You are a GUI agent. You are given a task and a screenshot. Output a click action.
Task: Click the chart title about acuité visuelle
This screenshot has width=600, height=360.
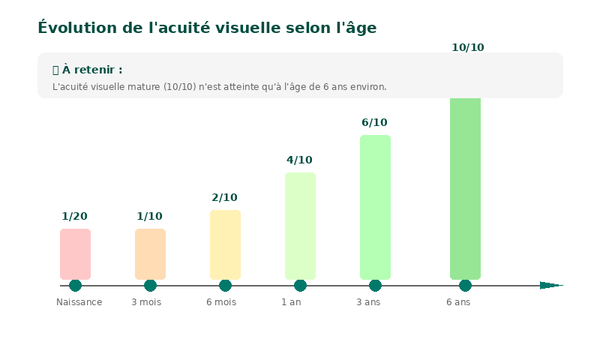207,28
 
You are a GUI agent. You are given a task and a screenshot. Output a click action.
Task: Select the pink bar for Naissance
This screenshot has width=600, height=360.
75,254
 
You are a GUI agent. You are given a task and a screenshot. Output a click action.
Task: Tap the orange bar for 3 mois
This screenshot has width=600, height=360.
150,254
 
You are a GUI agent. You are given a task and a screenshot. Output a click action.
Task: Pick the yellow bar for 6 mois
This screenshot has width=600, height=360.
225,244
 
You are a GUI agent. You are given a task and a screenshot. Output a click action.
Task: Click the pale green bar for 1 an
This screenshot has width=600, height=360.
300,226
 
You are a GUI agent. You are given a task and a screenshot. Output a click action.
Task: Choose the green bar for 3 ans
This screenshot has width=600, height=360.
375,207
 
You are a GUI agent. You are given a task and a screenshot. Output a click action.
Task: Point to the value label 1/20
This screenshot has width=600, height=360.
75,217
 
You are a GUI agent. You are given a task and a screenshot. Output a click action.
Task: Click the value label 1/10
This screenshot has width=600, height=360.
150,217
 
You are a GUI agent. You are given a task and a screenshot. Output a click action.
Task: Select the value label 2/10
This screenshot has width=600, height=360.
225,198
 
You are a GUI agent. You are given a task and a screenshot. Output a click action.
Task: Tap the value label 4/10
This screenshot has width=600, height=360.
300,160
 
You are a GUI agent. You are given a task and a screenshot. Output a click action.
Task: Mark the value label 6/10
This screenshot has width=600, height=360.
375,123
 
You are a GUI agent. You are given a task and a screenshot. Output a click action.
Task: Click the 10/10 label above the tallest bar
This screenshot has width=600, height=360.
468,48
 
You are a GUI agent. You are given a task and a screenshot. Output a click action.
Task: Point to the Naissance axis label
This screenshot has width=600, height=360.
79,302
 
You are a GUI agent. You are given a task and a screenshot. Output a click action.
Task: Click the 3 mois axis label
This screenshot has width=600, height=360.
146,302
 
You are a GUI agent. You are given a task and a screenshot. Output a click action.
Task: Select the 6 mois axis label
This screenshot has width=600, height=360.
221,302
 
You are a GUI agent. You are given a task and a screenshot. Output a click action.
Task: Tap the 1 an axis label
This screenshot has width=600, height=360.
292,302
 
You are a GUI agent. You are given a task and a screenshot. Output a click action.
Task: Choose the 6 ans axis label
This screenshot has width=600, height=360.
458,302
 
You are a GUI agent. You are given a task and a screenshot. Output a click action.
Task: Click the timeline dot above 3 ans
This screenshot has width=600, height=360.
375,285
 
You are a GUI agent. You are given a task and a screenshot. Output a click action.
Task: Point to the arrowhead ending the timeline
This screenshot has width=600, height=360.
550,285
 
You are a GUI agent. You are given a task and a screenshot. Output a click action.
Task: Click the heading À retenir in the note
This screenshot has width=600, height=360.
88,70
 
